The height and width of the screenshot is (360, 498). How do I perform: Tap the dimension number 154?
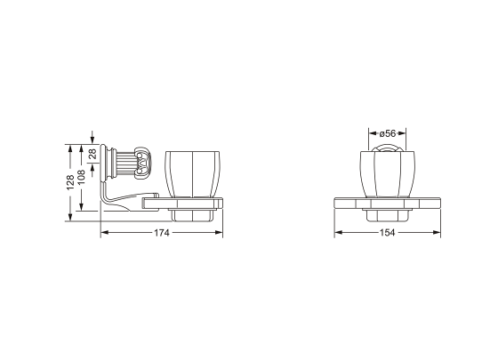tap(388, 233)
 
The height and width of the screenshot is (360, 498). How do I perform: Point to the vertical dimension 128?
tap(71, 181)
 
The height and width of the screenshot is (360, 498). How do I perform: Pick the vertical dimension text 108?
tap(83, 178)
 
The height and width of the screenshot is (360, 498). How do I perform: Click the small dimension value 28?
tap(94, 154)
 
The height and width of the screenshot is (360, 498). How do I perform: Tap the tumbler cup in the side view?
tap(191, 174)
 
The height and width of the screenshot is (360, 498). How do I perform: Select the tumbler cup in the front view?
tap(388, 174)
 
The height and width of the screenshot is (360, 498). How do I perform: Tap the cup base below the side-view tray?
tap(189, 213)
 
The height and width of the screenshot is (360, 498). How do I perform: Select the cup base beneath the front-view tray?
tap(388, 213)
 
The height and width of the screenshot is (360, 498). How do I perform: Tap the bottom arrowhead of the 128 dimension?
tap(71, 218)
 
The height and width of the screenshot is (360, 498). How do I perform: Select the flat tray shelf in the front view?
tap(388, 202)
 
